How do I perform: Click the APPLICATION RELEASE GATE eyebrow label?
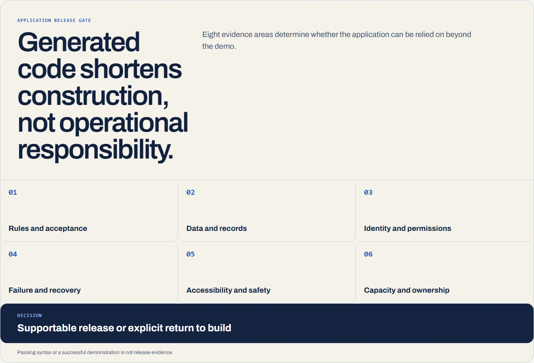(x=54, y=20)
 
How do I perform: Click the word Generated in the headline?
(x=79, y=42)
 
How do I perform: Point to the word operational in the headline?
(x=123, y=123)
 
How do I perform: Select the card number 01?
(x=13, y=192)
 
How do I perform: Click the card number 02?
(x=190, y=192)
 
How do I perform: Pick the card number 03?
(x=368, y=192)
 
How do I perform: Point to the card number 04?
(x=13, y=254)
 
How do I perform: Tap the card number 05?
(x=190, y=254)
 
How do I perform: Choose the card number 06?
(x=368, y=254)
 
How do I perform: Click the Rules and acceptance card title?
(x=48, y=228)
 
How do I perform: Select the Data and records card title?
(x=217, y=228)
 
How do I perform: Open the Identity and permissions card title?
(x=407, y=228)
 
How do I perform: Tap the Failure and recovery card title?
(x=45, y=290)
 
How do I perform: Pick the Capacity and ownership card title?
(x=407, y=290)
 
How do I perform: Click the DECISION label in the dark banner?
(x=30, y=315)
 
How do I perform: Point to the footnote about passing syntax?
(x=95, y=352)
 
